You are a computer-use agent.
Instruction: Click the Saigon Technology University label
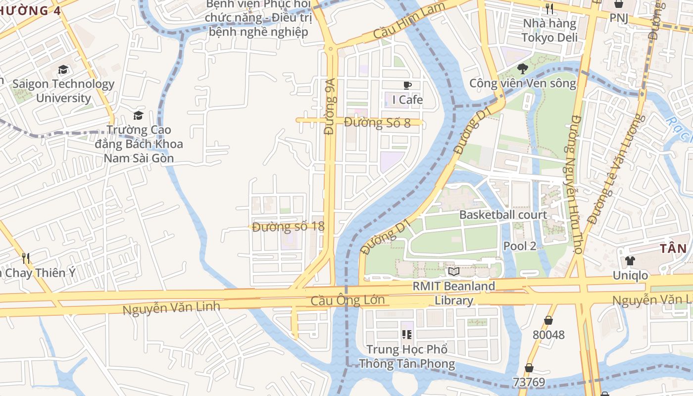[63, 91]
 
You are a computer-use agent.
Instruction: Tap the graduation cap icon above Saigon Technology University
[63, 70]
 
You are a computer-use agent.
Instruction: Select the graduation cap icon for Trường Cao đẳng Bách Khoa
[138, 115]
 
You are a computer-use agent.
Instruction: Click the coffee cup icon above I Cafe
[407, 85]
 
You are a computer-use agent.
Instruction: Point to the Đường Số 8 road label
[377, 122]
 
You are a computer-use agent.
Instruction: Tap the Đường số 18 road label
[288, 227]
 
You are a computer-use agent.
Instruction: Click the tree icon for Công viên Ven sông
[522, 68]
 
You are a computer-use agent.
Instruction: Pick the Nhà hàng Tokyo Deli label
[549, 31]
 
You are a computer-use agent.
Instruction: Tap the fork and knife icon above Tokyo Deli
[549, 8]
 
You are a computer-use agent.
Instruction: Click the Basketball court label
[503, 215]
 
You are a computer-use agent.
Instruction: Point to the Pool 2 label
[519, 246]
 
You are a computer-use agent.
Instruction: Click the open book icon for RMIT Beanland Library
[454, 271]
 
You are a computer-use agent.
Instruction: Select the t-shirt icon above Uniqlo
[630, 261]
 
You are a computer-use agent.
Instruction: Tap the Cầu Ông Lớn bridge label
[347, 300]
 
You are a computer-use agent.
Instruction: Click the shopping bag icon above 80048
[548, 320]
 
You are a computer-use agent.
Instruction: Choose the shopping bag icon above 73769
[529, 368]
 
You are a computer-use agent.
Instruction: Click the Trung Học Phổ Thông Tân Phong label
[407, 356]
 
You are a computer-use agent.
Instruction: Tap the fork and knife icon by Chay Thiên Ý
[26, 257]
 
